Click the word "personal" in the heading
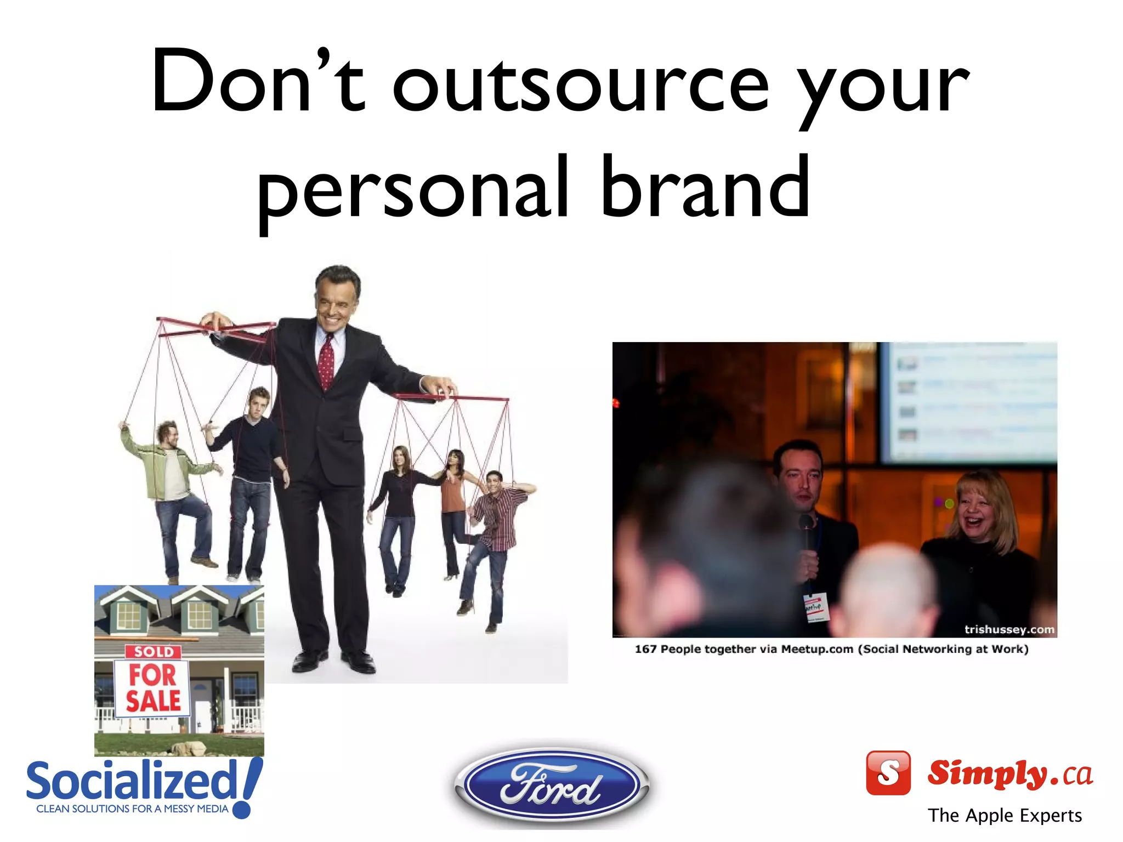(414, 189)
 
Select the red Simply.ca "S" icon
(888, 773)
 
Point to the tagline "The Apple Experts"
(1005, 816)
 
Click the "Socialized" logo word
(132, 781)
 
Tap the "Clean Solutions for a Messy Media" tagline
(132, 809)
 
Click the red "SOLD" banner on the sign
(154, 652)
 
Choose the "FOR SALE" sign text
(153, 688)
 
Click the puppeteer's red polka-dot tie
(326, 362)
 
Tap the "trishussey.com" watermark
(1009, 629)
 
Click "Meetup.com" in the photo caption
(817, 650)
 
